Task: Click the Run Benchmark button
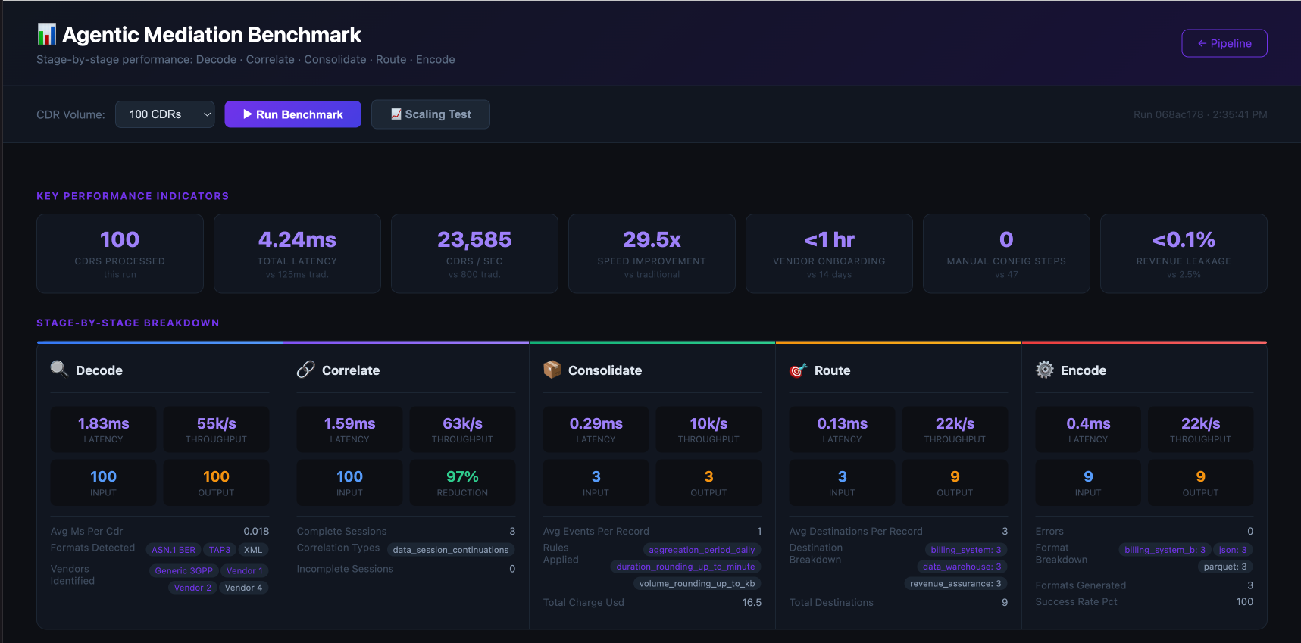[x=292, y=114]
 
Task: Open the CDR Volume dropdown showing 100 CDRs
[x=165, y=114]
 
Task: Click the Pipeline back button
[x=1224, y=43]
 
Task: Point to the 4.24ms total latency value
[x=297, y=240]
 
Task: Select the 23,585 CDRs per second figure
[x=474, y=240]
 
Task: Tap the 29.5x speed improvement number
[x=652, y=240]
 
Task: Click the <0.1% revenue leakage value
[x=1184, y=240]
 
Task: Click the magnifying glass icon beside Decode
[x=59, y=369]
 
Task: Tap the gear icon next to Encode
[x=1045, y=370]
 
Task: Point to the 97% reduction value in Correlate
[x=462, y=476]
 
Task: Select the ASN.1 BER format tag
[x=174, y=550]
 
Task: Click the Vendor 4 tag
[x=243, y=588]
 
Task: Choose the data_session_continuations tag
[x=451, y=550]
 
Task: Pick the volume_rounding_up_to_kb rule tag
[x=696, y=583]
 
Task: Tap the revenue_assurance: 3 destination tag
[x=955, y=583]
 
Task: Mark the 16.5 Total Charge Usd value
[x=752, y=603]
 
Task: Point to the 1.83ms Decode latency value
[x=104, y=423]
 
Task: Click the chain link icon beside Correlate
[x=305, y=370]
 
